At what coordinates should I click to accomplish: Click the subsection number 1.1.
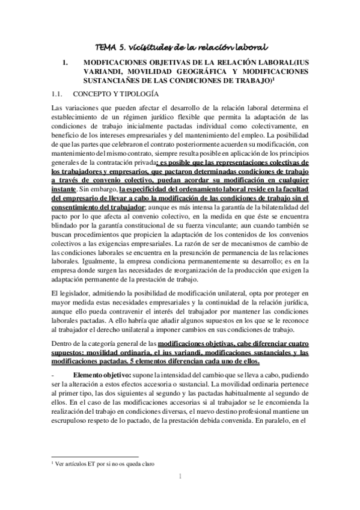57,94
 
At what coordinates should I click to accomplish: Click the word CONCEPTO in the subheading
91,94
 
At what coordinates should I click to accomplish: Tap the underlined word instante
66,188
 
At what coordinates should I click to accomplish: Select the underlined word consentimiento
79,207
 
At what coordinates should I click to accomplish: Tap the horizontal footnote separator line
96,456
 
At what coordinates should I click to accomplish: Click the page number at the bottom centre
180,477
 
